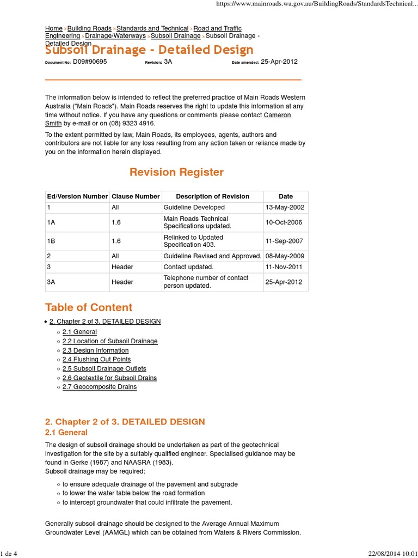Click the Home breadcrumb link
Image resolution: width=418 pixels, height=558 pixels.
click(x=54, y=28)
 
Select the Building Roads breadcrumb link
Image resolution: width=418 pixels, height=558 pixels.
click(x=89, y=28)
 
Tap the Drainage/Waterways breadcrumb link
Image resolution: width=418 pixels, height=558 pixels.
click(x=115, y=36)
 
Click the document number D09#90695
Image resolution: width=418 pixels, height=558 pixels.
click(x=90, y=62)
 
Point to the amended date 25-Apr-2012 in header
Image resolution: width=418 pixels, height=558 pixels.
click(x=279, y=62)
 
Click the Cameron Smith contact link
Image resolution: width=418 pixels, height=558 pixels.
click(x=277, y=115)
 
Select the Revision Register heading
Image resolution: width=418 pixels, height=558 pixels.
click(x=176, y=172)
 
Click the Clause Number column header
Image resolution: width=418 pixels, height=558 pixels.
click(x=136, y=197)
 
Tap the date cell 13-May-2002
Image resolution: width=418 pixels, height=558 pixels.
click(x=285, y=208)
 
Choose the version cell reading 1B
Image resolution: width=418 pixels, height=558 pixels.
click(x=51, y=241)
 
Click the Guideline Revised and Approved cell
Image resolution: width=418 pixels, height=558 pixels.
click(x=212, y=256)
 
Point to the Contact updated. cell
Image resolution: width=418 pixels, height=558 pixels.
click(x=188, y=267)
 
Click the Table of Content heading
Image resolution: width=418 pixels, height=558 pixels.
click(x=89, y=307)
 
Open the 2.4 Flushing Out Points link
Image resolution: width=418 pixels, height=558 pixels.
click(x=96, y=360)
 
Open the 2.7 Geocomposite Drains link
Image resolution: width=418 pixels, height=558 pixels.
click(x=100, y=387)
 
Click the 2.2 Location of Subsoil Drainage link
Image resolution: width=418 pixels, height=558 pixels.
click(x=110, y=341)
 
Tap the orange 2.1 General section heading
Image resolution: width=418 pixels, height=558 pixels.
click(x=66, y=433)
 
